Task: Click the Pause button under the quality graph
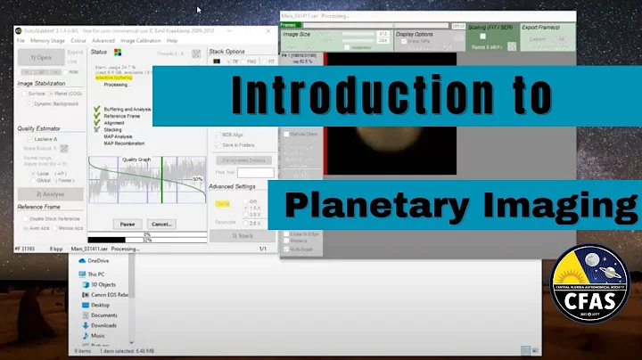(127, 224)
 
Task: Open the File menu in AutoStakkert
(21, 40)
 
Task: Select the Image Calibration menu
(140, 40)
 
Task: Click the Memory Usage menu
(46, 40)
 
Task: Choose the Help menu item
(172, 40)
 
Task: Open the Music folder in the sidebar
(98, 335)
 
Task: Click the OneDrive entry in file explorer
(99, 260)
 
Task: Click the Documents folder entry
(103, 315)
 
